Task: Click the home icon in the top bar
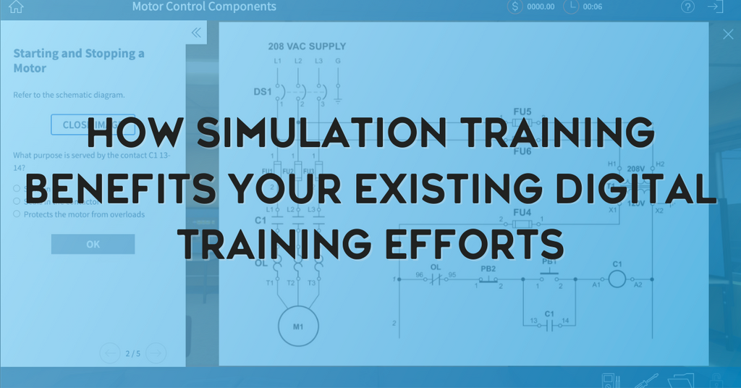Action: (x=15, y=7)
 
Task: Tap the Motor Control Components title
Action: (x=203, y=7)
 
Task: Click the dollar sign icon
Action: (x=515, y=7)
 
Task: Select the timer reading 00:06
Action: (x=592, y=7)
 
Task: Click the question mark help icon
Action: (x=687, y=7)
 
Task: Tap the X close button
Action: (x=728, y=34)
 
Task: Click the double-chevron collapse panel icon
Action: (x=195, y=33)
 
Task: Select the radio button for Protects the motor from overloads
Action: (x=17, y=214)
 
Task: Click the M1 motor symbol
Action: (x=298, y=326)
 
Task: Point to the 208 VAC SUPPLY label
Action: (x=307, y=46)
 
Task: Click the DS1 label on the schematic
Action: (x=262, y=92)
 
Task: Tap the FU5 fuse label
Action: (x=522, y=111)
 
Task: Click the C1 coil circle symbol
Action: (x=617, y=279)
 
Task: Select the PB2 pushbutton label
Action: (x=488, y=269)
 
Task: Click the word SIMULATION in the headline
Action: (x=316, y=135)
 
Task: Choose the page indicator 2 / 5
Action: (x=133, y=353)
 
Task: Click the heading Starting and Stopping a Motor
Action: (x=78, y=61)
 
